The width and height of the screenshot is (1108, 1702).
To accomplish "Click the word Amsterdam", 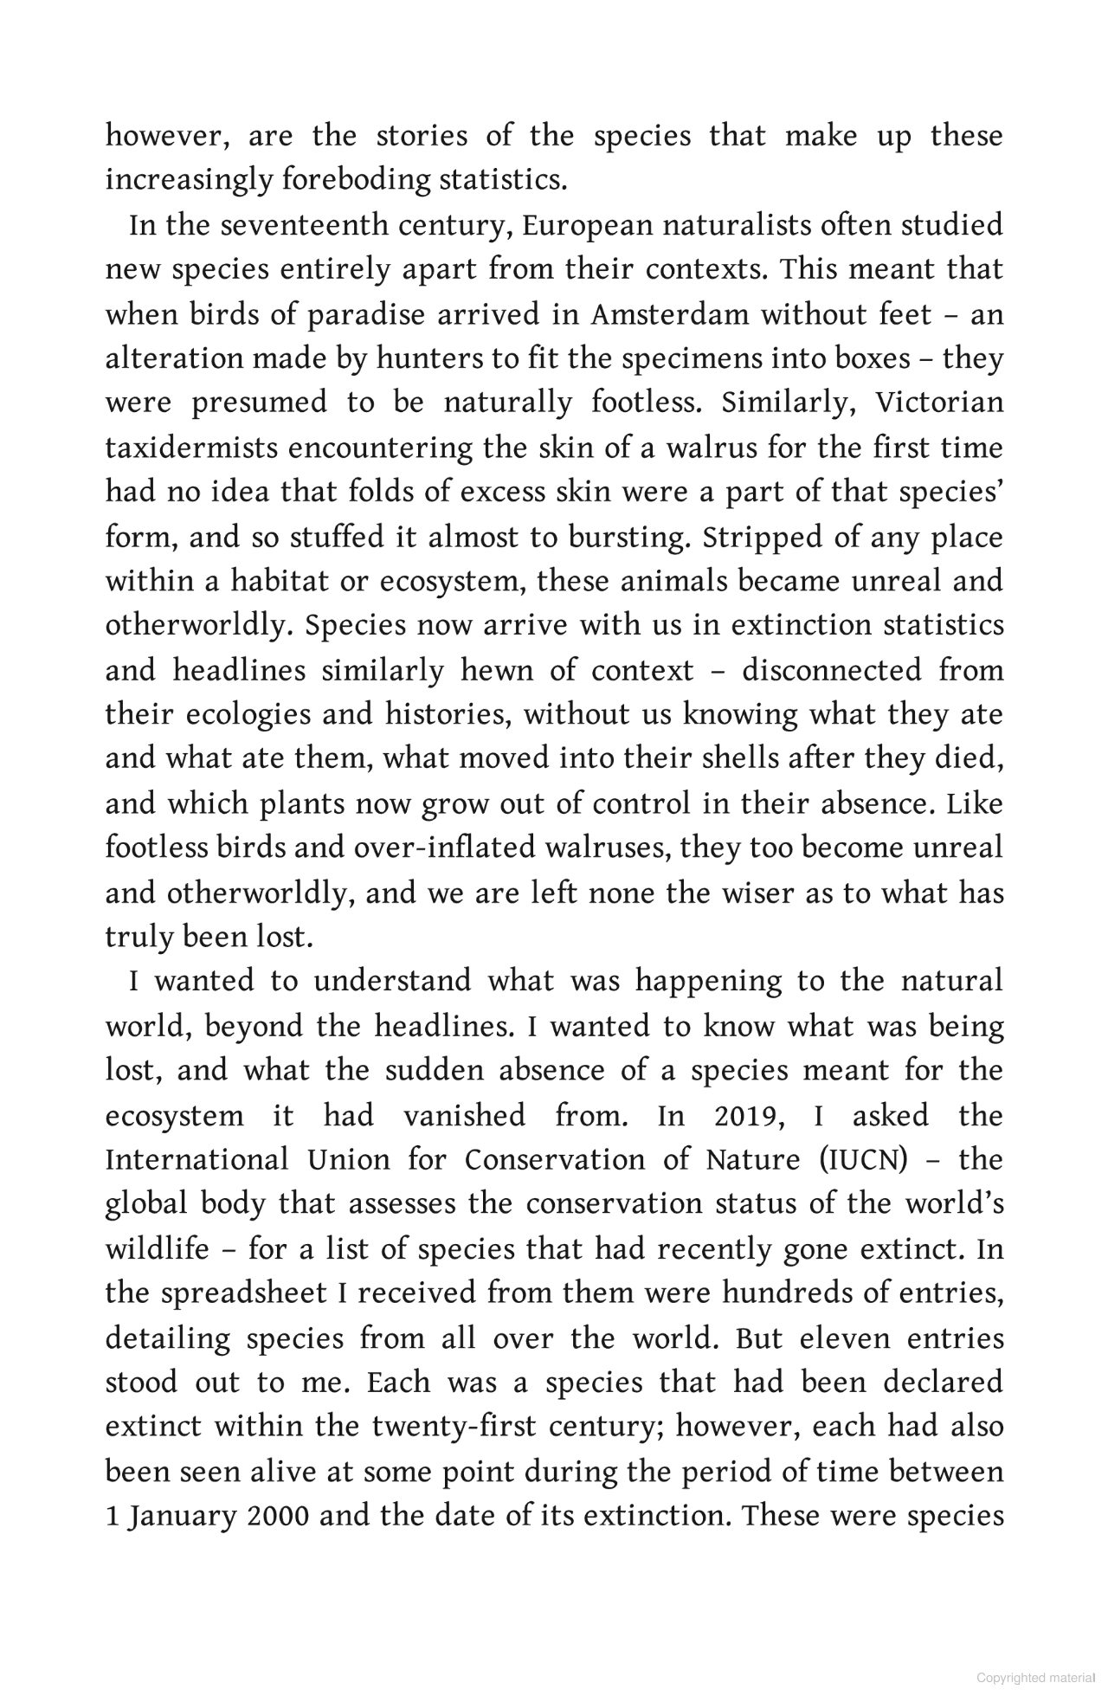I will pos(669,314).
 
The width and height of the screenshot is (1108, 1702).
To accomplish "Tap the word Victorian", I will pos(939,403).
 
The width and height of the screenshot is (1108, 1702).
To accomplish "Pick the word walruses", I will pos(608,848).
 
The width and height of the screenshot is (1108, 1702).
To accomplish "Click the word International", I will pos(196,1160).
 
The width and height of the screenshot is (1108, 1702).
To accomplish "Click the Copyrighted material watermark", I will pos(1035,1678).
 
